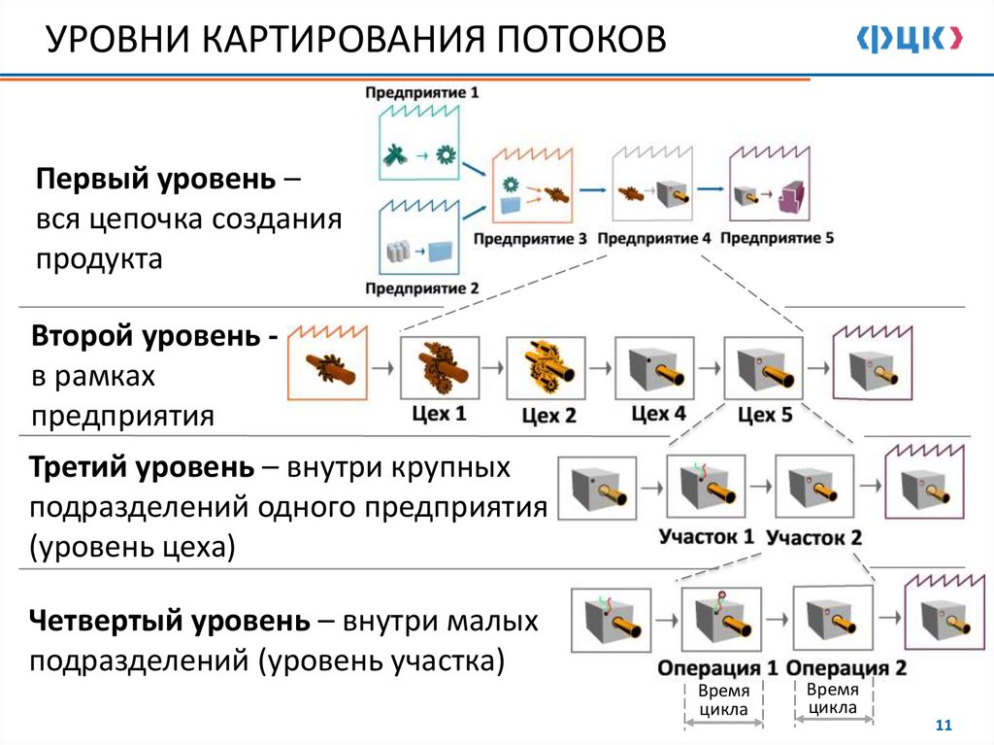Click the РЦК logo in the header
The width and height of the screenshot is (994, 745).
tap(909, 39)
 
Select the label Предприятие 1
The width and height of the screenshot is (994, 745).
tap(422, 93)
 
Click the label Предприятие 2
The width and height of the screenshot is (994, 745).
tap(422, 288)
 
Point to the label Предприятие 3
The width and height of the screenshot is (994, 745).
tap(531, 238)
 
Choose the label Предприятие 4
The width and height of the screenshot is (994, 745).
tap(654, 238)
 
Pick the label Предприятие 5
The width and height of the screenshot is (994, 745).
tap(778, 237)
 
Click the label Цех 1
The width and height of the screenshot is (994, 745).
tap(439, 414)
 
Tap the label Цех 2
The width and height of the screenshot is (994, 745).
tap(549, 416)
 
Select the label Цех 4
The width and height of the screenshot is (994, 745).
tap(658, 414)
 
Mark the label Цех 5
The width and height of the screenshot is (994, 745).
tap(765, 415)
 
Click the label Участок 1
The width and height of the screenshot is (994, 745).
tap(707, 536)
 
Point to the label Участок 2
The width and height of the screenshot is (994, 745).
tap(813, 537)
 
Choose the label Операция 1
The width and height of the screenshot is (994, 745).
tap(718, 668)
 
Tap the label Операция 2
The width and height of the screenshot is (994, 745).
tap(845, 668)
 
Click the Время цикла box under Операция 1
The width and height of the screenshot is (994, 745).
tap(723, 700)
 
